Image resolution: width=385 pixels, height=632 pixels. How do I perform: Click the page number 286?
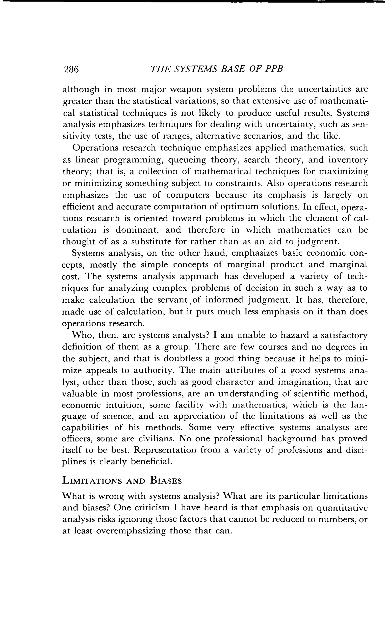click(x=71, y=69)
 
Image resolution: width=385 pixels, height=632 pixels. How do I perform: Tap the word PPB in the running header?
click(x=274, y=69)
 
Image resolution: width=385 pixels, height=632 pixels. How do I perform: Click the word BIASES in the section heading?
click(x=166, y=480)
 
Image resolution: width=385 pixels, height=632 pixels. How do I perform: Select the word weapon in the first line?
click(x=183, y=90)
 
